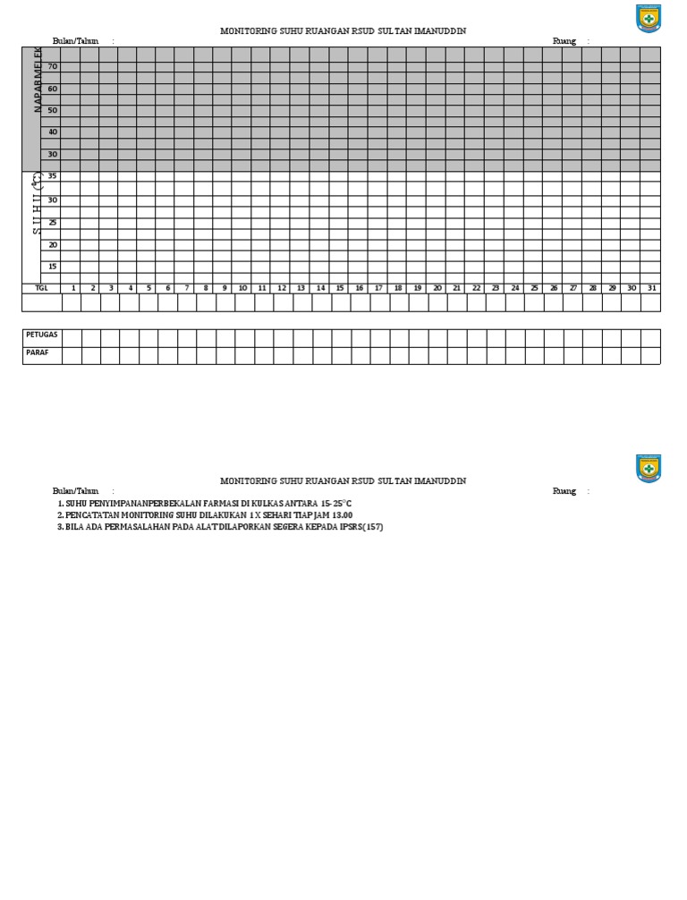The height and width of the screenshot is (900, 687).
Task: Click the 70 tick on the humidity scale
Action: tap(53, 67)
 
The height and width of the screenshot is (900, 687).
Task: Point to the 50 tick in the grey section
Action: tap(53, 111)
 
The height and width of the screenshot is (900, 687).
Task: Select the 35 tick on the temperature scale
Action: tap(53, 177)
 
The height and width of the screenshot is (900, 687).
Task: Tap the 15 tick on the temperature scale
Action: tap(53, 267)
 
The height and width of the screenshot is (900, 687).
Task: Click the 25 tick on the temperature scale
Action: tap(53, 222)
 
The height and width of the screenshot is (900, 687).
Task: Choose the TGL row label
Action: tap(40, 288)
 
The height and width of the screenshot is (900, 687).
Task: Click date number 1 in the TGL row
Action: tap(73, 288)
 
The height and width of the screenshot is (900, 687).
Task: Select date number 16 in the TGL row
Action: tap(359, 288)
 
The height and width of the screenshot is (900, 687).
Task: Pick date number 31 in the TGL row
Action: tap(650, 288)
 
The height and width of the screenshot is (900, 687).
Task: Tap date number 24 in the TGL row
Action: tap(514, 288)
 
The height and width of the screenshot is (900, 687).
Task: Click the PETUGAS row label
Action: tap(41, 335)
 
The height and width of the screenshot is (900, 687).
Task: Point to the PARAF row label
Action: tap(37, 352)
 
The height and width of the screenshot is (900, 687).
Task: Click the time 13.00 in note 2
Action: tap(341, 515)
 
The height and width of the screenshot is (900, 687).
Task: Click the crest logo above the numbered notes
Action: tap(649, 468)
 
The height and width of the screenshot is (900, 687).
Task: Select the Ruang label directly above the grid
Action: tap(564, 41)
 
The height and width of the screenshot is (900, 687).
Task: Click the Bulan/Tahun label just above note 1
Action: tap(75, 491)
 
